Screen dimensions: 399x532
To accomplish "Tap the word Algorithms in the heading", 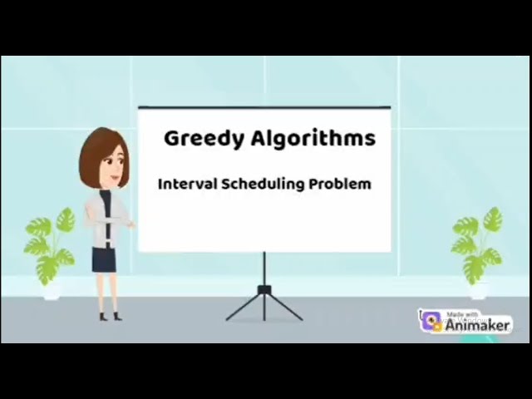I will click(313, 138).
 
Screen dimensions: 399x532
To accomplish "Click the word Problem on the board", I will click(340, 184).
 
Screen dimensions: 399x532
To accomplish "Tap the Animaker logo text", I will click(478, 325).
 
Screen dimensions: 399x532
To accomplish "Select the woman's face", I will click(111, 164).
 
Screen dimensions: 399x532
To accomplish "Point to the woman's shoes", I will click(110, 316).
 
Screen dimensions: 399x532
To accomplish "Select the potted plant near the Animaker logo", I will click(478, 241).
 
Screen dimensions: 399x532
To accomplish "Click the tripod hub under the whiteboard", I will click(264, 290).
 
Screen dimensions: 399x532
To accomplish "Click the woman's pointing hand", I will click(131, 223).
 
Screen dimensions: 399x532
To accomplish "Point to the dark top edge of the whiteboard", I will click(264, 107).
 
